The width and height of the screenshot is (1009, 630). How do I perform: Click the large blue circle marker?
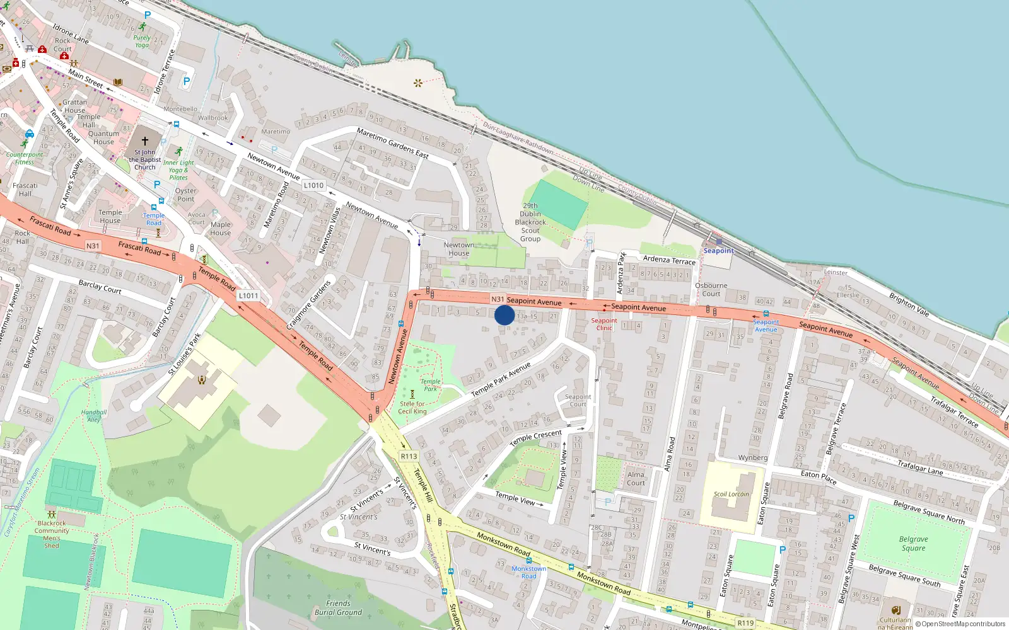(504, 315)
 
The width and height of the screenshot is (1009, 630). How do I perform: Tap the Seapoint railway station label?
(718, 251)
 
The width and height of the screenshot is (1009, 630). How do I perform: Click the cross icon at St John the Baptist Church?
(145, 141)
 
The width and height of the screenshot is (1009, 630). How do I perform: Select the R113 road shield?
(409, 456)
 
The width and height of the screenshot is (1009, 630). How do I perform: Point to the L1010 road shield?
(313, 185)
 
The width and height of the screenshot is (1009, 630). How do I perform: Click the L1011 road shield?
(248, 295)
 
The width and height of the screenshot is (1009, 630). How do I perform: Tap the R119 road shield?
(745, 623)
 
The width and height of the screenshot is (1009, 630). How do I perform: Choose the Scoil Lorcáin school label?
(731, 494)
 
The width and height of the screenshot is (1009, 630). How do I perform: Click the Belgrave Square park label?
(913, 544)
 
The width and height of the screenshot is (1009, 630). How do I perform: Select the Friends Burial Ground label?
(338, 608)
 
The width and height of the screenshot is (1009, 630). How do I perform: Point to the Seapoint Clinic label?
(604, 324)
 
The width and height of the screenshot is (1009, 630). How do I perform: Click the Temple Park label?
(430, 385)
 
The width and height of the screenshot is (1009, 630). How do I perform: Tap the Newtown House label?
(458, 249)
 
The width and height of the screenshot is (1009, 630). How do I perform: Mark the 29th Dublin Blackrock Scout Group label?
(530, 222)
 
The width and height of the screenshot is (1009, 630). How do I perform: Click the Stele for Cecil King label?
(412, 408)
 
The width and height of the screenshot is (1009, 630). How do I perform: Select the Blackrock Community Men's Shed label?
(52, 534)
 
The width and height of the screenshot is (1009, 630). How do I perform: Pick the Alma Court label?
(636, 479)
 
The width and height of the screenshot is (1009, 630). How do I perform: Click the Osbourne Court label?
(711, 290)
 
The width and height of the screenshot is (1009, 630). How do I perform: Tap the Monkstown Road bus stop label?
(528, 572)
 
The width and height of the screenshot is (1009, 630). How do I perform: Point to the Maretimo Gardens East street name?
(392, 143)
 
